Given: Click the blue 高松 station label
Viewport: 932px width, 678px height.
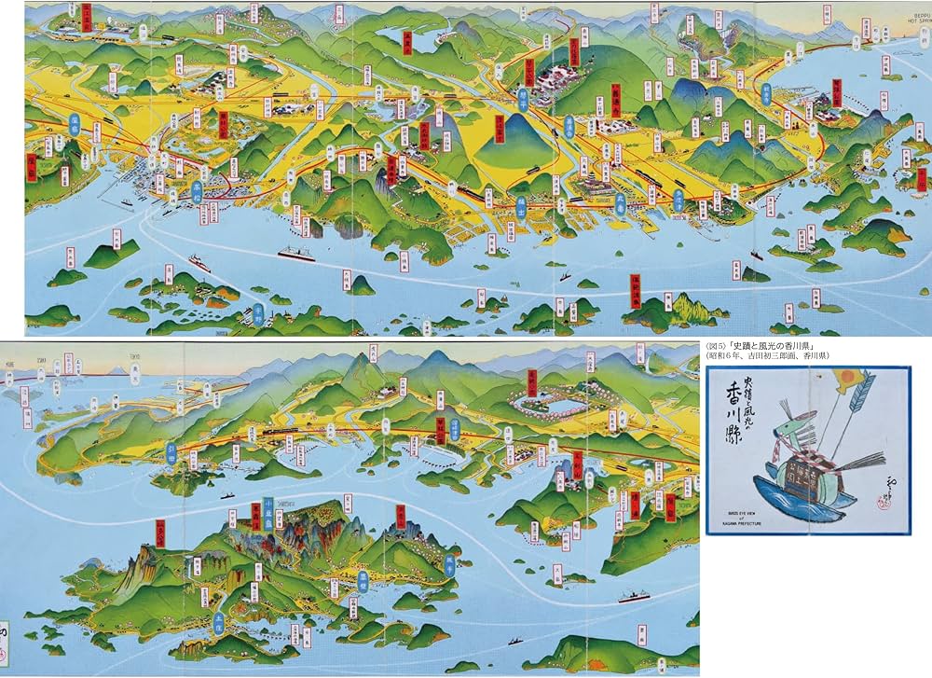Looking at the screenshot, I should (197, 190).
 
